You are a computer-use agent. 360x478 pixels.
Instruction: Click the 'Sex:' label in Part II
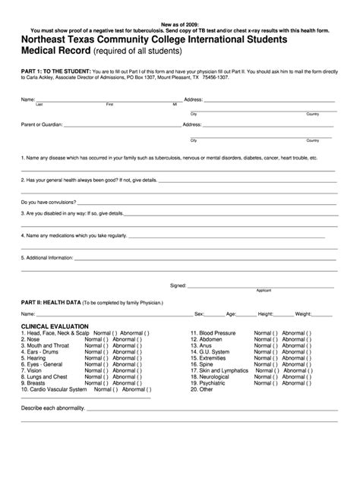200,313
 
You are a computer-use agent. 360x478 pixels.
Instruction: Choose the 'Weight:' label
305,313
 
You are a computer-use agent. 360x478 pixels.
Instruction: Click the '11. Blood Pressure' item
214,332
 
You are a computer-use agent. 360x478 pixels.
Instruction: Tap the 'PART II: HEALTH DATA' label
50,301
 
